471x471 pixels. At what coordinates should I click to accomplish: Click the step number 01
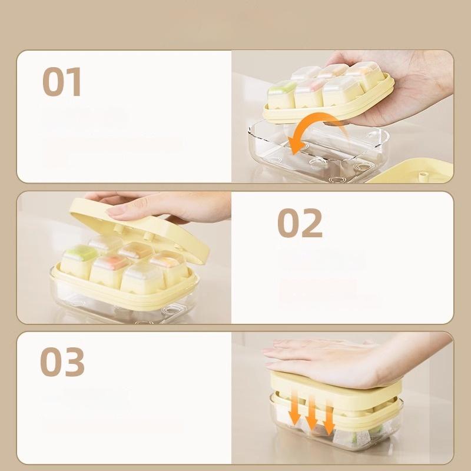62,81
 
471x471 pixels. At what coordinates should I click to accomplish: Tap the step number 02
300,223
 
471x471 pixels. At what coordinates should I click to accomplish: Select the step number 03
62,361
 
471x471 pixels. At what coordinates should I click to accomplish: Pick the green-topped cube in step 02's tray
79,261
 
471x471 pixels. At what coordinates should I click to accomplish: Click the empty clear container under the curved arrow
319,153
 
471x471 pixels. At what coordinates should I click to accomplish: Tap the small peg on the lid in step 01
424,176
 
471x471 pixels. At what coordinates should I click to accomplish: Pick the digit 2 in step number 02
313,223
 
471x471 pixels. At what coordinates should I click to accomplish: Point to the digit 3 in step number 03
75,361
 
